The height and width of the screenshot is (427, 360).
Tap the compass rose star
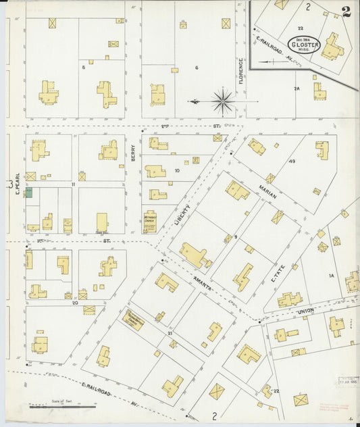pos(222,102)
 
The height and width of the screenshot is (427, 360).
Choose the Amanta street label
pos(205,286)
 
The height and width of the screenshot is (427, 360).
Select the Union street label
pos(306,311)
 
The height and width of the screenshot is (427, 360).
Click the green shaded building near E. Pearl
pos(29,193)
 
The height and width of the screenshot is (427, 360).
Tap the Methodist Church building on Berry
pos(149,222)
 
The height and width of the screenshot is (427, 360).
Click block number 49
pos(292,161)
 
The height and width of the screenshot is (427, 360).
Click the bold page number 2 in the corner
pos(346,11)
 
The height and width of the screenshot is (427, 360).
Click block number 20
pos(74,302)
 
